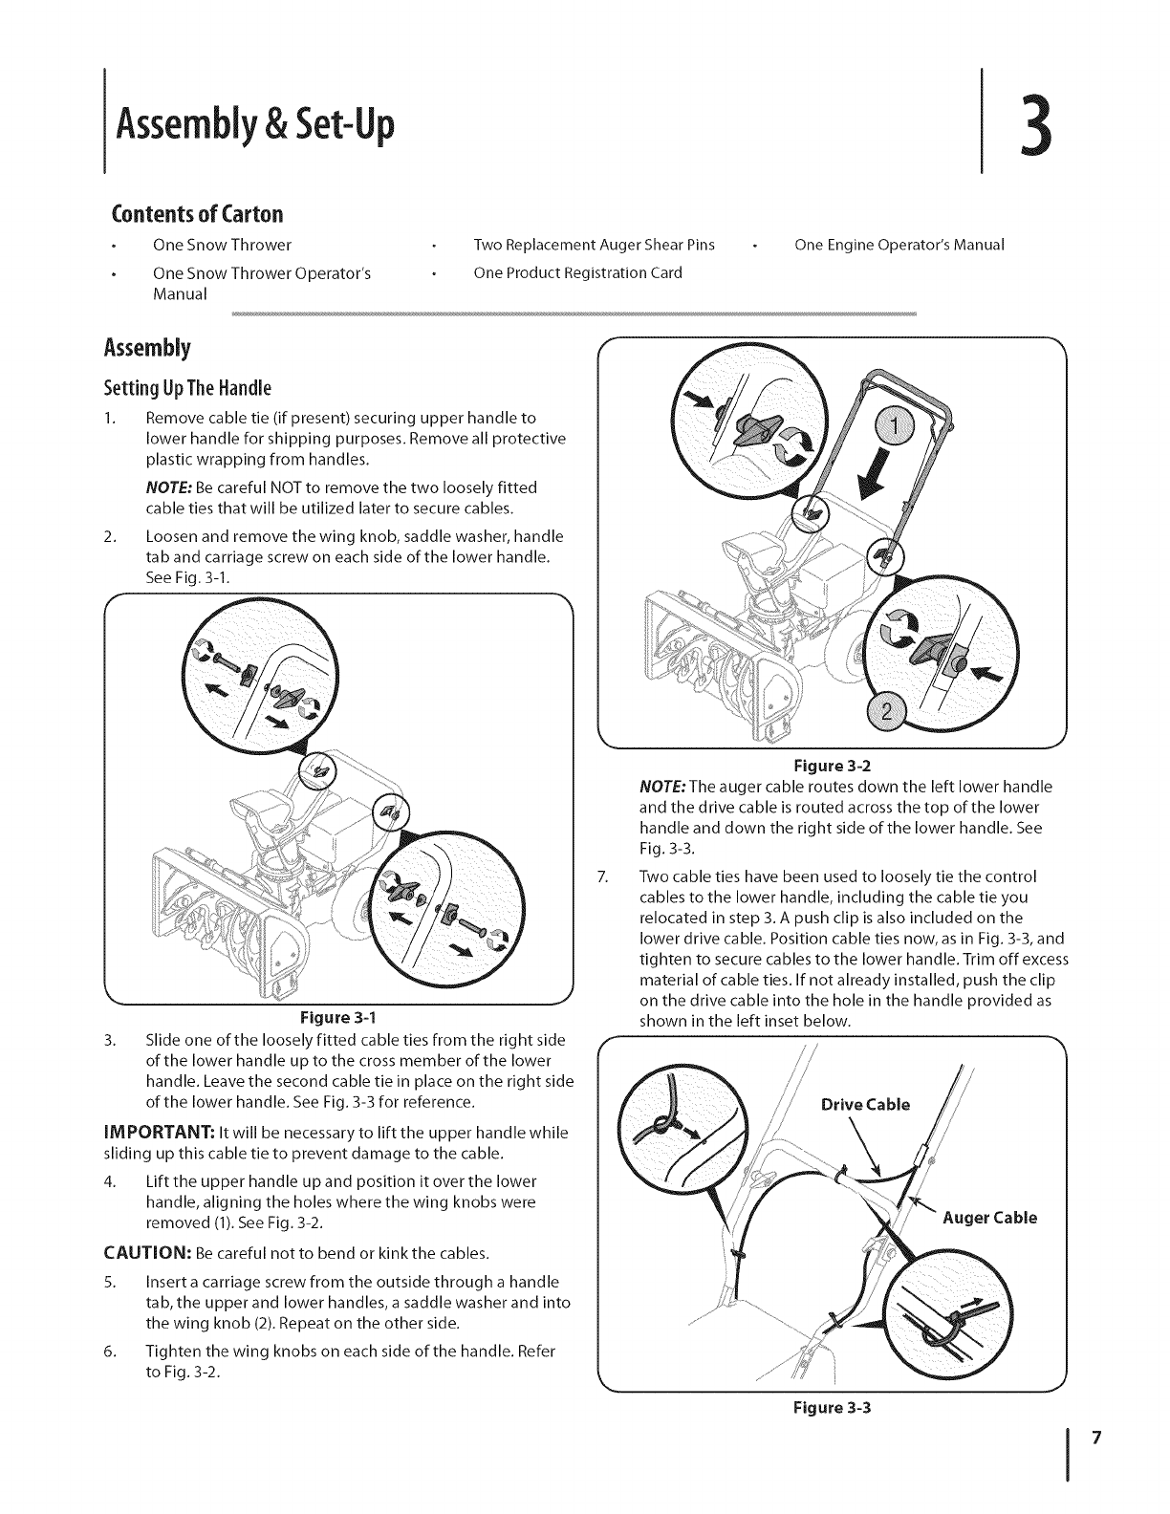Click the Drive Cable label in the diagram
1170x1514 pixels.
(866, 1106)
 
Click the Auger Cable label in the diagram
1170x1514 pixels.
(989, 1218)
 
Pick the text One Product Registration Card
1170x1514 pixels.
(577, 273)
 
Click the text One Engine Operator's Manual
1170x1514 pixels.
(899, 245)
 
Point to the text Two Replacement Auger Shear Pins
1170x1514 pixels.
(594, 245)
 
